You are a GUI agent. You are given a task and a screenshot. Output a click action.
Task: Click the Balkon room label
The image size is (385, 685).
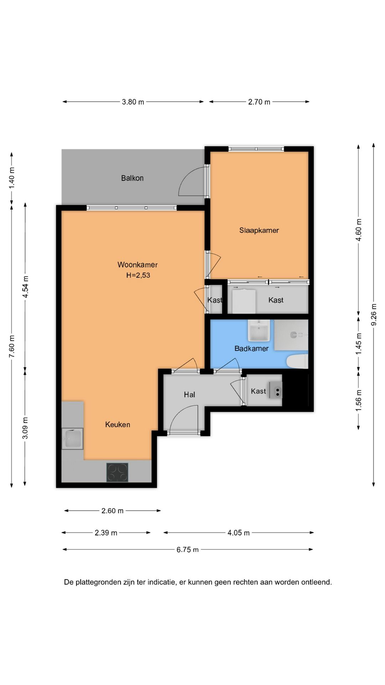[132, 178]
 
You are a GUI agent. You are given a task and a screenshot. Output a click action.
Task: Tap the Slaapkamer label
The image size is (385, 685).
[259, 230]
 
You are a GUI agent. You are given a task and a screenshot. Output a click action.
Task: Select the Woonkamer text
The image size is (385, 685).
[138, 265]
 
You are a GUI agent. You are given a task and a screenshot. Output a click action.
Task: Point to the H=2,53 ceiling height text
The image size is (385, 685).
[138, 275]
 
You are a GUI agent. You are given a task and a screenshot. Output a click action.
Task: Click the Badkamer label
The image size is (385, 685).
[251, 349]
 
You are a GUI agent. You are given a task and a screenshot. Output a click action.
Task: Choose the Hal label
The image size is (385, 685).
[189, 395]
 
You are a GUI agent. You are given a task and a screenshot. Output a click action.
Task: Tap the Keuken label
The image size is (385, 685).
[118, 425]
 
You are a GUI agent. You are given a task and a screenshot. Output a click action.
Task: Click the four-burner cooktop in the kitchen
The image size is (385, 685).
[117, 472]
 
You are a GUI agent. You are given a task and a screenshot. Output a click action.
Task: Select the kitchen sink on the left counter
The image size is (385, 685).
[72, 438]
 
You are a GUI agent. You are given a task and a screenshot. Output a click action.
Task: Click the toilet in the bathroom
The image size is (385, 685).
[297, 361]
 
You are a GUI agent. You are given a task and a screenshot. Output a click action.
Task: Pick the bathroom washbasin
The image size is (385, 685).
[259, 331]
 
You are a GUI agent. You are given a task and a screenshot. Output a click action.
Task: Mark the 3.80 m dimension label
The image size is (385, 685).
[133, 102]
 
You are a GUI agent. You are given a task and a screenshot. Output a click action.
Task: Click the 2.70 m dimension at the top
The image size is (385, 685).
[259, 102]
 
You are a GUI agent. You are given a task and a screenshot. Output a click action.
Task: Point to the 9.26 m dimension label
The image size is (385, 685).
[374, 315]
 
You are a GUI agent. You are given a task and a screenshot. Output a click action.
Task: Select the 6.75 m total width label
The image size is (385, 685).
[188, 550]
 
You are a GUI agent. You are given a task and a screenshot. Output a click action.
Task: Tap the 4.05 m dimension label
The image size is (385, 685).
[238, 533]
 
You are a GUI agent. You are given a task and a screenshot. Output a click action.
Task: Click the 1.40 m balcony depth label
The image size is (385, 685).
[12, 178]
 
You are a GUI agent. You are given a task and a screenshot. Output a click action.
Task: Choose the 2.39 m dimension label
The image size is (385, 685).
[106, 533]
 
